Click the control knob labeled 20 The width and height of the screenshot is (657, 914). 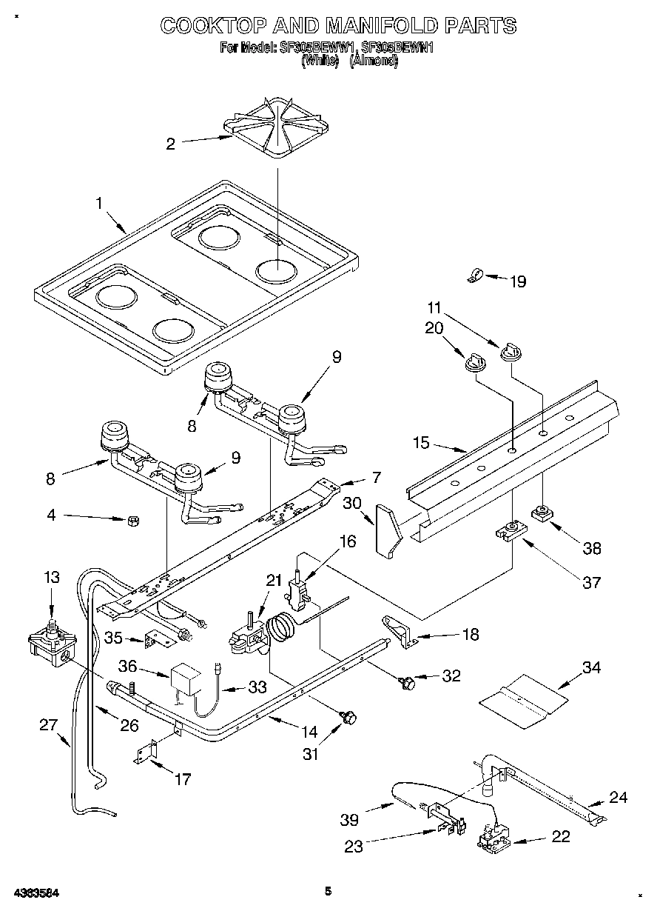tap(473, 361)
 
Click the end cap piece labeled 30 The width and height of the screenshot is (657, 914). tap(387, 529)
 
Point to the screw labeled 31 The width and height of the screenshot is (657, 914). tap(350, 716)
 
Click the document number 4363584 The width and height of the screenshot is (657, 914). tap(36, 892)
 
